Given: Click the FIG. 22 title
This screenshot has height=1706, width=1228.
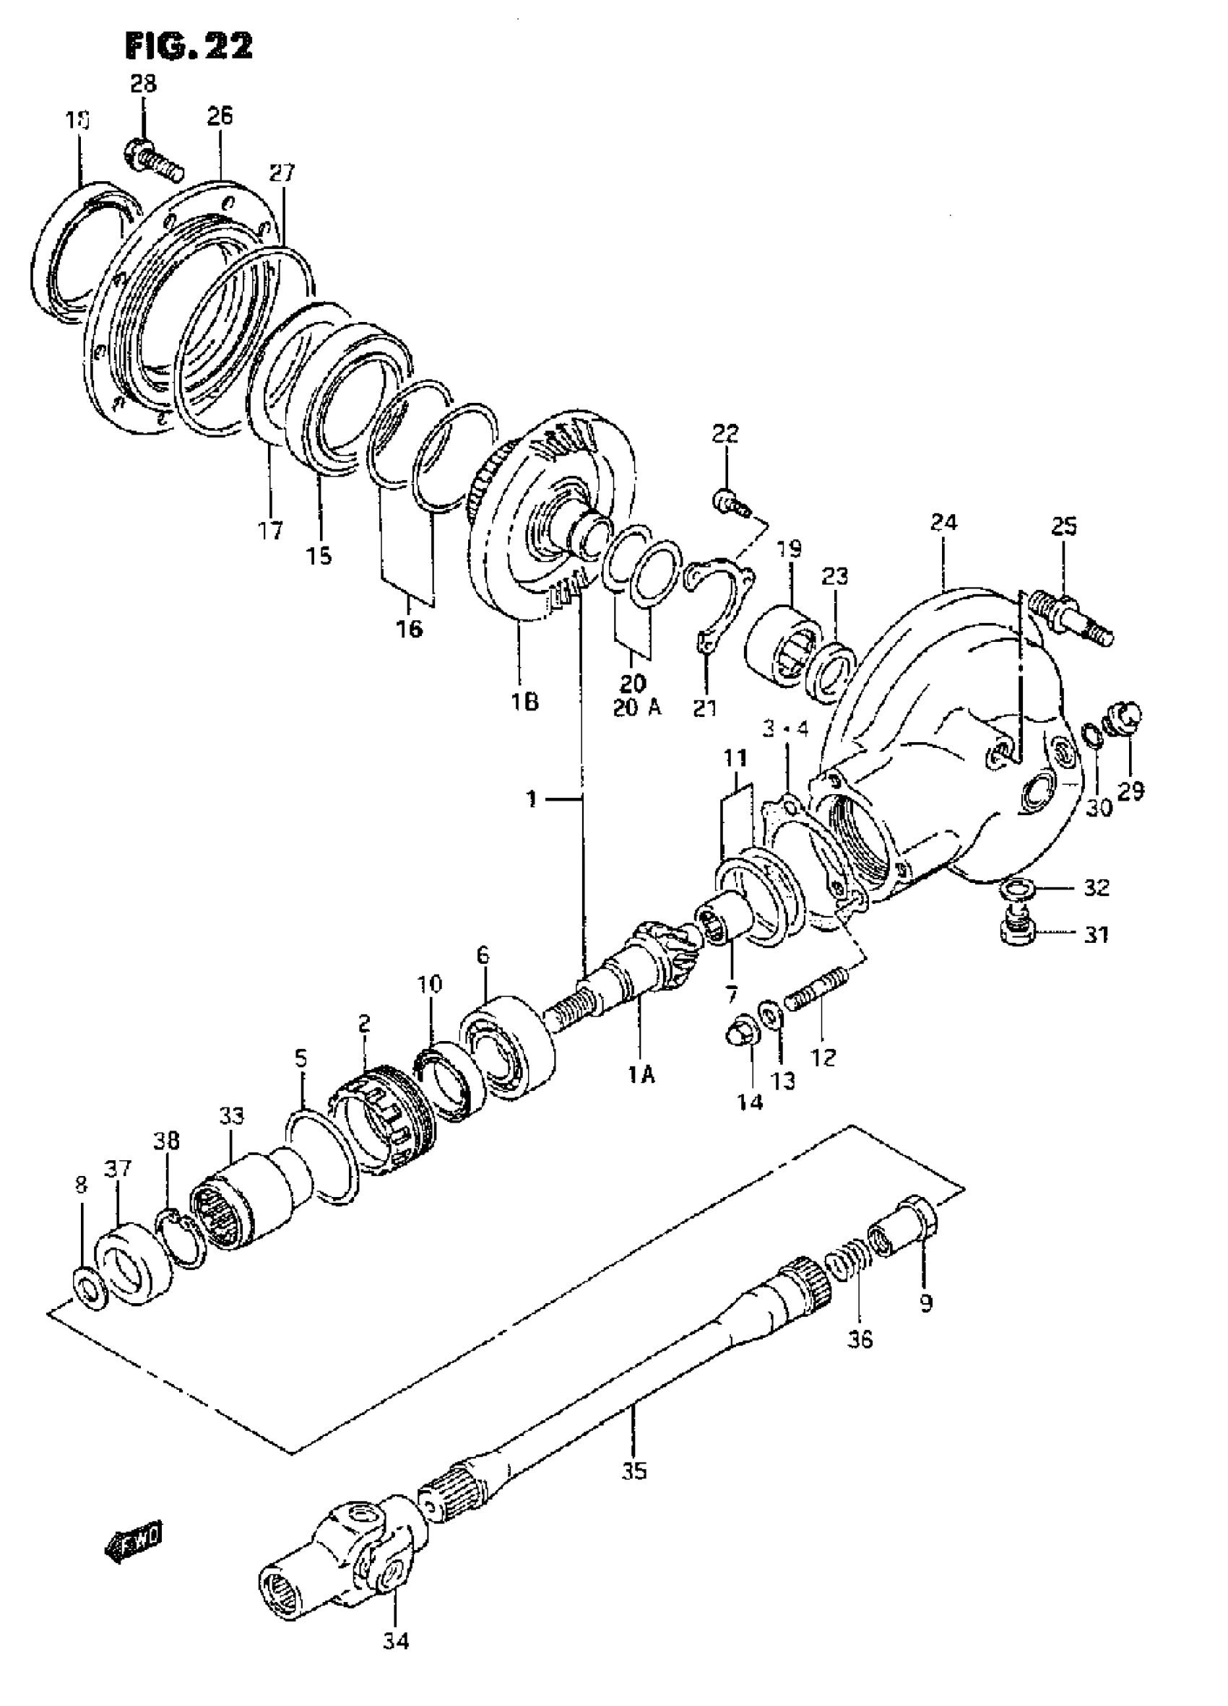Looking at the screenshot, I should click(x=189, y=47).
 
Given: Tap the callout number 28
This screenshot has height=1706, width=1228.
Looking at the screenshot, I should click(x=143, y=84).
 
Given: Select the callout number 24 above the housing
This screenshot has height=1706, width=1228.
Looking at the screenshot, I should click(x=943, y=522).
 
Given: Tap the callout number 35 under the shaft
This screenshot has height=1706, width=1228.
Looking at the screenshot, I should click(x=634, y=1470).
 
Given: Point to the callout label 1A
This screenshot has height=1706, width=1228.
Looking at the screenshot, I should click(x=641, y=1076).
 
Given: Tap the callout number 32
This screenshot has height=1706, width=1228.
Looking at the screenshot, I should click(x=1097, y=887).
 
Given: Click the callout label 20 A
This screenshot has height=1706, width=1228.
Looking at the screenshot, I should click(x=636, y=708).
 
